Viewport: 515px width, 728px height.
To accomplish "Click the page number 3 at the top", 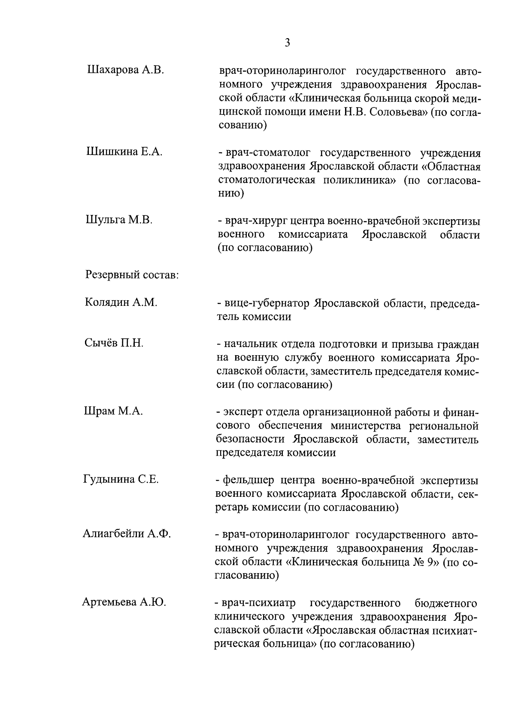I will click(x=287, y=43).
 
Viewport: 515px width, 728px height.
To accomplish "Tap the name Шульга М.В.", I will click(x=119, y=220).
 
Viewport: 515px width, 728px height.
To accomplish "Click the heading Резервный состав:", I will click(x=132, y=275).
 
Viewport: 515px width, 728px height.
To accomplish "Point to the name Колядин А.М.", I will click(x=121, y=302).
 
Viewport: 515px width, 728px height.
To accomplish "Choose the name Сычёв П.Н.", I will click(x=114, y=343).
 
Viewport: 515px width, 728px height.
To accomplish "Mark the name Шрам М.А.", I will click(x=113, y=411).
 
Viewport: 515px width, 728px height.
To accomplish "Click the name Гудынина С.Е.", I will click(x=121, y=480).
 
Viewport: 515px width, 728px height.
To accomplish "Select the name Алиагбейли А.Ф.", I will click(x=127, y=534).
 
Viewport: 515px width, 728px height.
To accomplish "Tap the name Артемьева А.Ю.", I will click(x=124, y=602).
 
